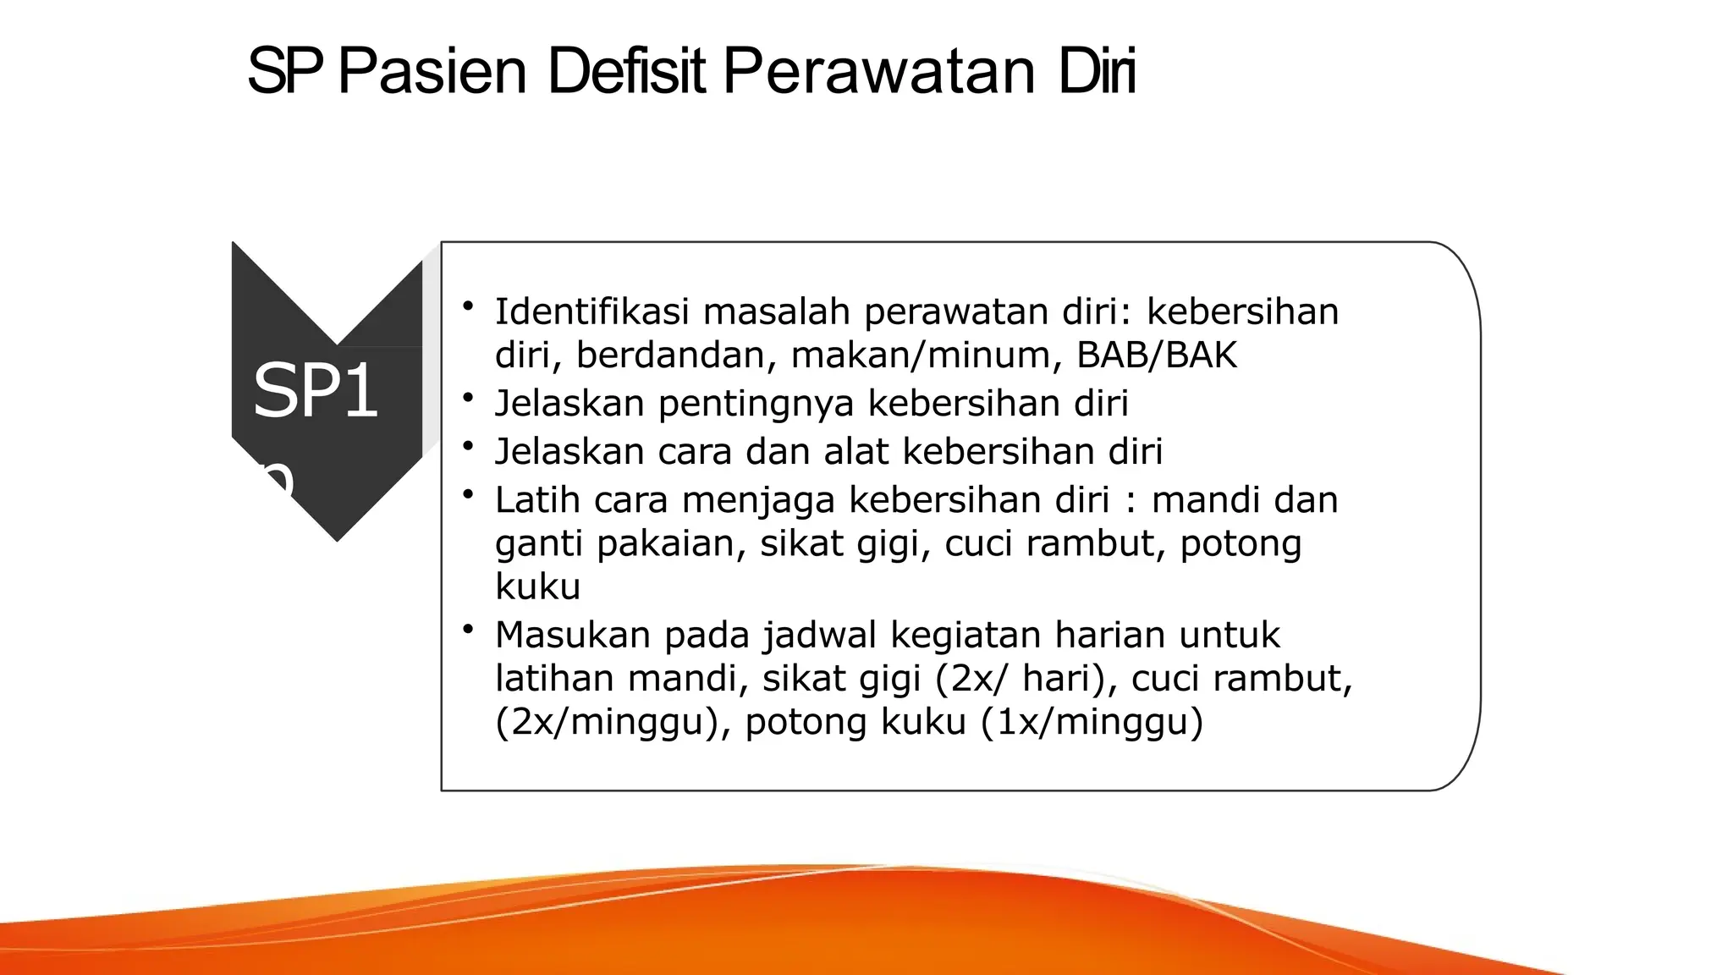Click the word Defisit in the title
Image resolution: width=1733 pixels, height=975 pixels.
point(626,71)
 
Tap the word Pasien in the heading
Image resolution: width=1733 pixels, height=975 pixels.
point(432,71)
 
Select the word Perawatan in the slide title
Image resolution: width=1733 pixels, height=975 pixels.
point(879,71)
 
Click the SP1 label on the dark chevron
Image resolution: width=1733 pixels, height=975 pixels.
point(315,390)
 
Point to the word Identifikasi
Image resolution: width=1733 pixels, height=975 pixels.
point(592,311)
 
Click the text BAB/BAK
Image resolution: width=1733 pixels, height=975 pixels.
point(1157,355)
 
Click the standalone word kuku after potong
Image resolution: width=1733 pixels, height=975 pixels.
point(538,586)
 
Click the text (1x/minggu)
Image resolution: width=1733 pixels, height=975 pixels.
point(1092,722)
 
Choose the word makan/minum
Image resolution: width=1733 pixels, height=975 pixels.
point(927,355)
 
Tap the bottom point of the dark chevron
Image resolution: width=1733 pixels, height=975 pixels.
point(337,538)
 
